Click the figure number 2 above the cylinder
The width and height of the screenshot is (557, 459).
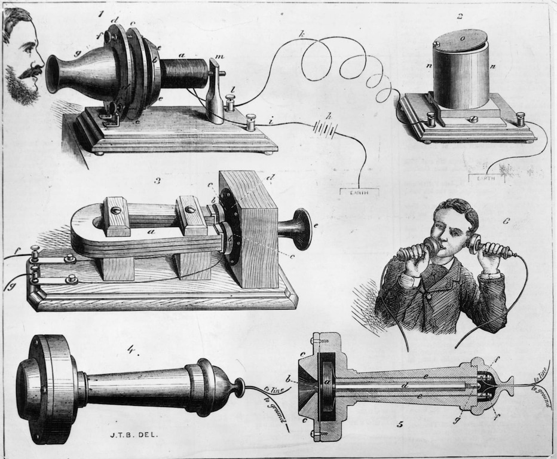point(460,16)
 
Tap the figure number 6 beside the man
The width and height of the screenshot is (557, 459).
point(506,221)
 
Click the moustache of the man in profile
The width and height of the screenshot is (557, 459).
point(32,72)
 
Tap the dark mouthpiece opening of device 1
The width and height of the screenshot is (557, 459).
point(52,74)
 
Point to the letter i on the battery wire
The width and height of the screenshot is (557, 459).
point(271,122)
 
